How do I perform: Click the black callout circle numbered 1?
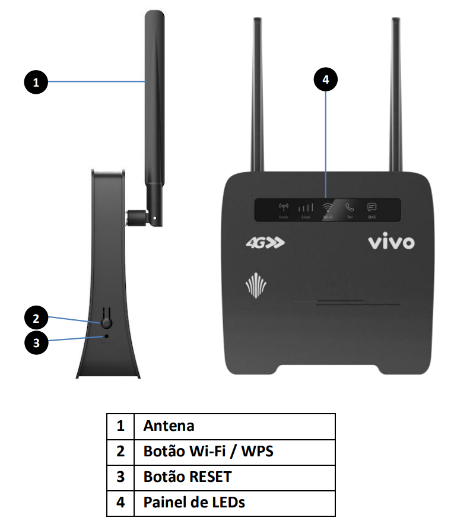click(36, 82)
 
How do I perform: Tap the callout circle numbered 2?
click(36, 318)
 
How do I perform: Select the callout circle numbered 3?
click(36, 343)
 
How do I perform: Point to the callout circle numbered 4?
click(325, 80)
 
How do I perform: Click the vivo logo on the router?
click(390, 242)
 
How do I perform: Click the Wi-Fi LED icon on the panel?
click(327, 208)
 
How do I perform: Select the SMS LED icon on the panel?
click(372, 208)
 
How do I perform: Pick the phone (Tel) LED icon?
click(350, 208)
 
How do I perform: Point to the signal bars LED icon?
click(305, 208)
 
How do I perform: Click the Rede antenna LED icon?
click(283, 208)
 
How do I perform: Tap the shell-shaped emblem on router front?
click(252, 287)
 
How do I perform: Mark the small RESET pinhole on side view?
click(107, 336)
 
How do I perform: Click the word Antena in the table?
click(169, 426)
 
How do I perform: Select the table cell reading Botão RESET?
click(187, 477)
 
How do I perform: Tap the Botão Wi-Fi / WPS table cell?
click(208, 452)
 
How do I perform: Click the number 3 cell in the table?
click(120, 477)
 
